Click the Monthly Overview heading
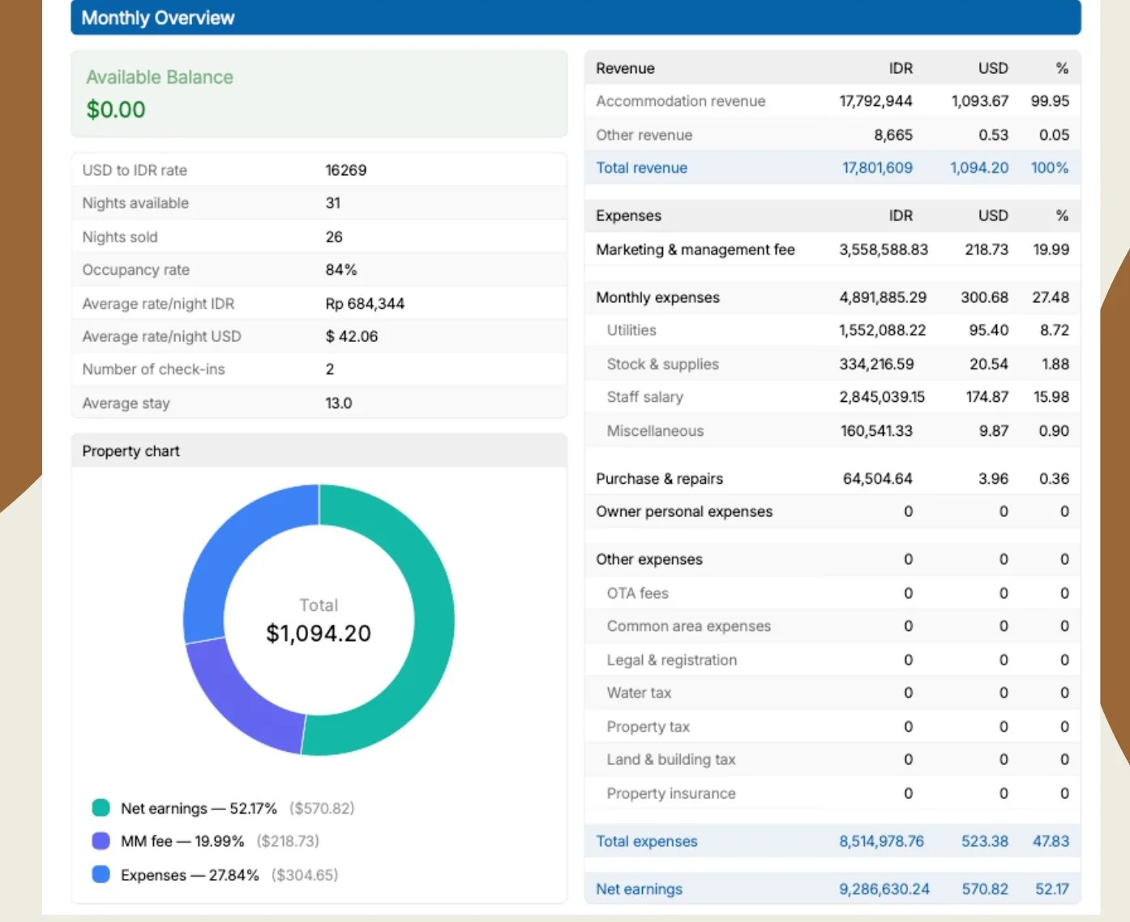coord(157,18)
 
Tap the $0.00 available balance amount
coord(116,109)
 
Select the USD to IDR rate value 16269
coord(346,170)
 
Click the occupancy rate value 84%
coord(340,270)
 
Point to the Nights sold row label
coord(120,237)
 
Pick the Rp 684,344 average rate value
coord(365,304)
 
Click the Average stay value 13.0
coord(339,403)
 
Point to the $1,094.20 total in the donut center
coord(319,634)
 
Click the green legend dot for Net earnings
coord(101,808)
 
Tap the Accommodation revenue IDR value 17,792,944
coord(875,101)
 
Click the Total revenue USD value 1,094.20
coord(979,169)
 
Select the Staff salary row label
coord(645,397)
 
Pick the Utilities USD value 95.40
coord(989,331)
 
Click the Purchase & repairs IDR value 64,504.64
coord(878,479)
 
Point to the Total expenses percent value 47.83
coord(1051,841)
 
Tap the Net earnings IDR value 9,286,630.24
coord(884,890)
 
